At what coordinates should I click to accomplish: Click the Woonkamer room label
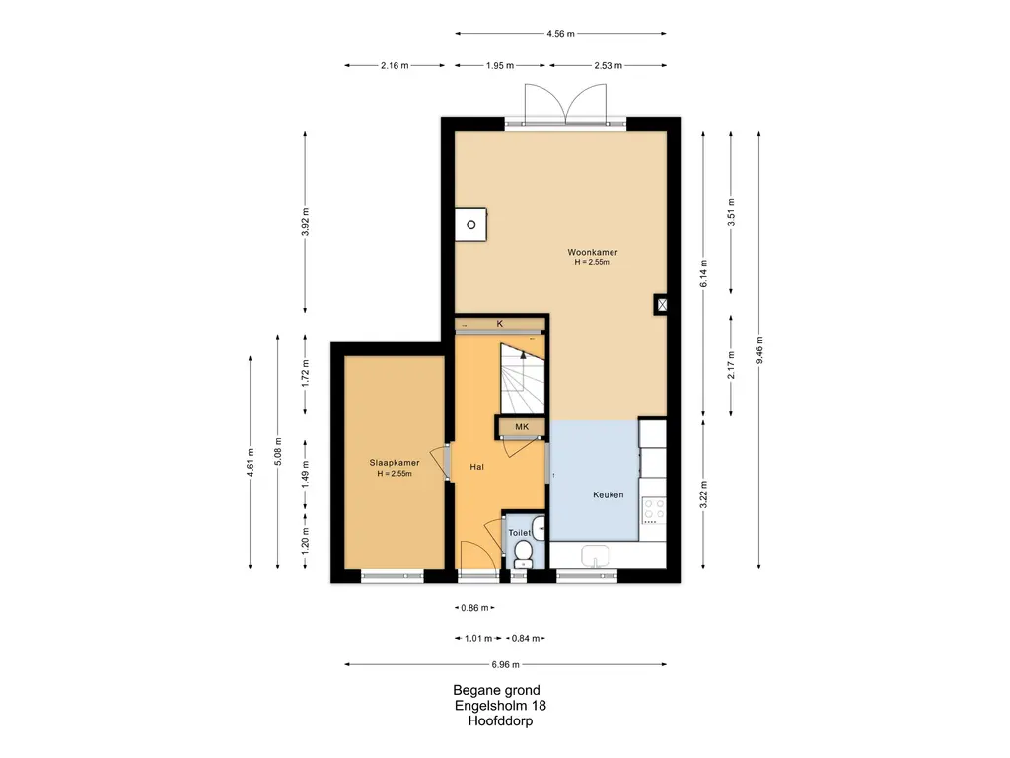pos(592,252)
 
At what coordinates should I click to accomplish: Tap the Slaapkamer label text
pos(395,463)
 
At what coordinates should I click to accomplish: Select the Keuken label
pos(608,495)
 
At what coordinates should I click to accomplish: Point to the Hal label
pos(476,467)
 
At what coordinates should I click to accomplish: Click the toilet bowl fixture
pos(523,553)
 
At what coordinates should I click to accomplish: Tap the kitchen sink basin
pos(595,555)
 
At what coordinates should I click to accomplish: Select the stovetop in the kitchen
pos(654,510)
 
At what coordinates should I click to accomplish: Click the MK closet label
pos(522,426)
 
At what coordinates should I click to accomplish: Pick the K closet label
pos(500,324)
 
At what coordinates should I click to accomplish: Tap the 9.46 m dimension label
pos(759,350)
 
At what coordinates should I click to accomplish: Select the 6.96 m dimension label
pos(506,664)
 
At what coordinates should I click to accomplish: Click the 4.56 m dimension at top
pos(560,34)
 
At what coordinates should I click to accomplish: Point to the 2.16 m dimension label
pos(395,66)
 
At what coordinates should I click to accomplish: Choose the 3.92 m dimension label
pos(306,222)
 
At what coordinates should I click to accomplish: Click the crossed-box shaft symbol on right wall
pos(661,305)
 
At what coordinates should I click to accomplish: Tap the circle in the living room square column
pos(470,225)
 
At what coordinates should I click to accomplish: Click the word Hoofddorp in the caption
pos(500,721)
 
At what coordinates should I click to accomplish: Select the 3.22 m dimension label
pos(703,494)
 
